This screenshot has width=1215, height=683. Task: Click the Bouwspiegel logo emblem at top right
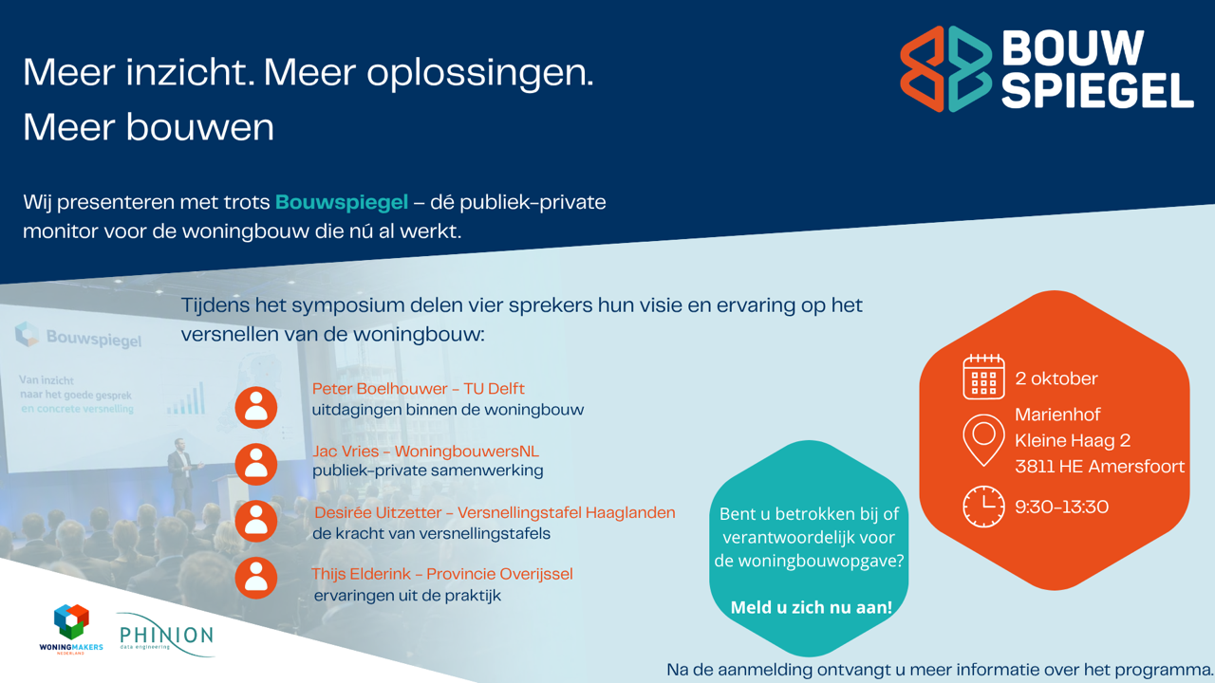pyautogui.click(x=946, y=69)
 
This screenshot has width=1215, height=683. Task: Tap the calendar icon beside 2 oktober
pyautogui.click(x=983, y=377)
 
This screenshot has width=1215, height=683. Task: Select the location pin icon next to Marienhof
pyautogui.click(x=983, y=440)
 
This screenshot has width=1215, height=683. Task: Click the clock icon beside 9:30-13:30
pyautogui.click(x=983, y=507)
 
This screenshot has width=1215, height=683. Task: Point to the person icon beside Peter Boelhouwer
pyautogui.click(x=256, y=408)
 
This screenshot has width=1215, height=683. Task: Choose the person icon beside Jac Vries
pyautogui.click(x=256, y=465)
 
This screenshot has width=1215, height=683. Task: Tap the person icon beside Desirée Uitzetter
pyautogui.click(x=256, y=522)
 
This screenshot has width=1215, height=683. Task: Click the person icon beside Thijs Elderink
pyautogui.click(x=256, y=578)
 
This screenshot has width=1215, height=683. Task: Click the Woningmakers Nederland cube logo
pyautogui.click(x=71, y=629)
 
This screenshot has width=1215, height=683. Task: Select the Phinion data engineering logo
pyautogui.click(x=166, y=635)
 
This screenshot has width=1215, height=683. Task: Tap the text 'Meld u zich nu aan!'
pyautogui.click(x=812, y=607)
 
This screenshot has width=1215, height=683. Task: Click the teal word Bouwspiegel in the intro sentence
pyautogui.click(x=342, y=203)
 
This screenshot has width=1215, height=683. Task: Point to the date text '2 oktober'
pyautogui.click(x=1056, y=378)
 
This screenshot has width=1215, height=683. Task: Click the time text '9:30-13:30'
pyautogui.click(x=1061, y=507)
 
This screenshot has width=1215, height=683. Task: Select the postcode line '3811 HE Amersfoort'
pyautogui.click(x=1099, y=466)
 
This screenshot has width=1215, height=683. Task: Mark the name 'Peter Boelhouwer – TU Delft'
pyautogui.click(x=419, y=389)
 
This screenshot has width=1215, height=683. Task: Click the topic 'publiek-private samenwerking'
pyautogui.click(x=427, y=471)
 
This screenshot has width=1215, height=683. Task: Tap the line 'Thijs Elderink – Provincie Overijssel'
pyautogui.click(x=442, y=574)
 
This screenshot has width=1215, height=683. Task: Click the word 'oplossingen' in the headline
pyautogui.click(x=480, y=73)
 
